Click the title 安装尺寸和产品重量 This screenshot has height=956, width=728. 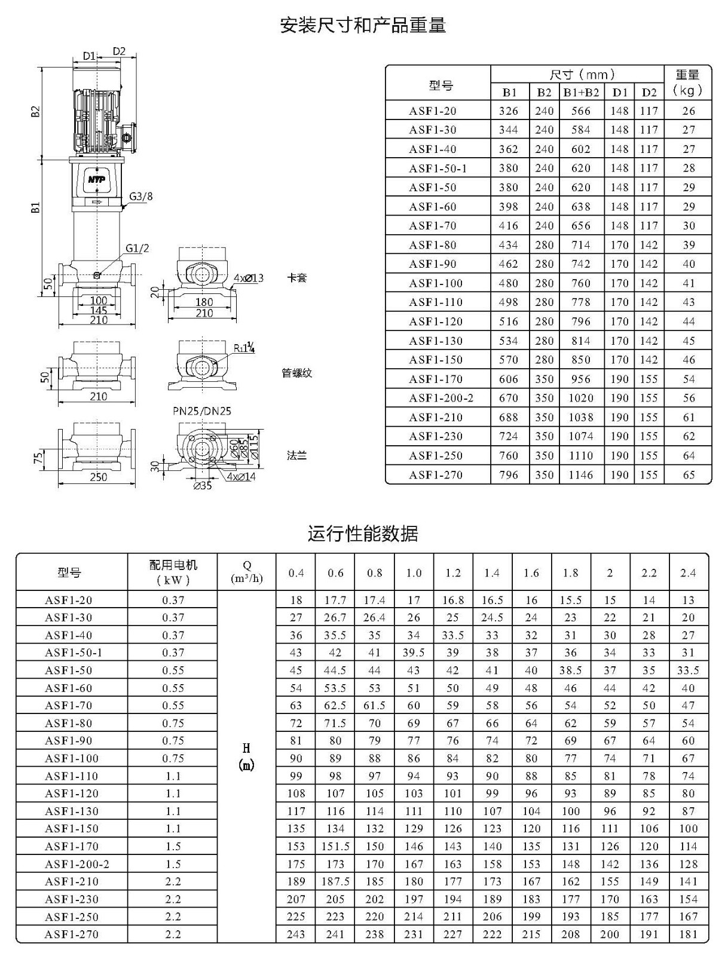click(x=363, y=25)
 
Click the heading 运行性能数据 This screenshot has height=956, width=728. click(x=362, y=533)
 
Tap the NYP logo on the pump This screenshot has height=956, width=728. click(x=97, y=179)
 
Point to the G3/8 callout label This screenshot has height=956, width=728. click(x=140, y=197)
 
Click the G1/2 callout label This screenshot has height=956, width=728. click(x=137, y=248)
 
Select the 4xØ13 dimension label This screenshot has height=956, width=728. click(x=248, y=278)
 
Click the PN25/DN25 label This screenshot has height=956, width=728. click(x=201, y=411)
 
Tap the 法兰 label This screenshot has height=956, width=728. click(x=296, y=455)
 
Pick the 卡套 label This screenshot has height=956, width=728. click(x=296, y=278)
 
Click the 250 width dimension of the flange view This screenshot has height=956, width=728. click(x=99, y=477)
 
